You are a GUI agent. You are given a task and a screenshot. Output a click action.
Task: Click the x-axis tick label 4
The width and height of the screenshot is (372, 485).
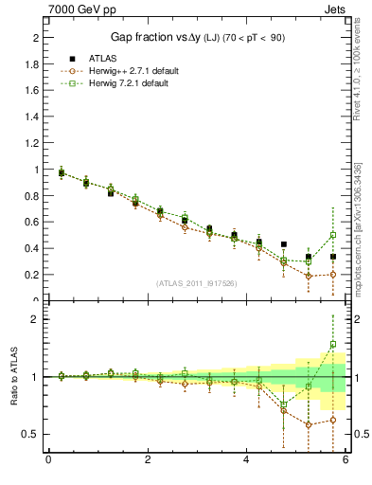(x=246, y=461)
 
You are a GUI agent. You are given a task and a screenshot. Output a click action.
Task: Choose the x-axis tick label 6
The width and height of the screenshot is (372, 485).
(x=345, y=461)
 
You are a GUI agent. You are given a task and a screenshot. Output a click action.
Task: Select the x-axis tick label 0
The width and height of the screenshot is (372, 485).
(x=48, y=461)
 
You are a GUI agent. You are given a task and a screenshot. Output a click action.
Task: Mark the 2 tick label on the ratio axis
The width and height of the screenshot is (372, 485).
(x=35, y=319)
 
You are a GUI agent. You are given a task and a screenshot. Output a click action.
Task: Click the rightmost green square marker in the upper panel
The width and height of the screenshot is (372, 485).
(x=333, y=235)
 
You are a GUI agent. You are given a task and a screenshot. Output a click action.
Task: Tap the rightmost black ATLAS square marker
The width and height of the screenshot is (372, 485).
(x=333, y=257)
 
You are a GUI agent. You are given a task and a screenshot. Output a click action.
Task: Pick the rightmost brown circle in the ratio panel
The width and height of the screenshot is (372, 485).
(x=333, y=420)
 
